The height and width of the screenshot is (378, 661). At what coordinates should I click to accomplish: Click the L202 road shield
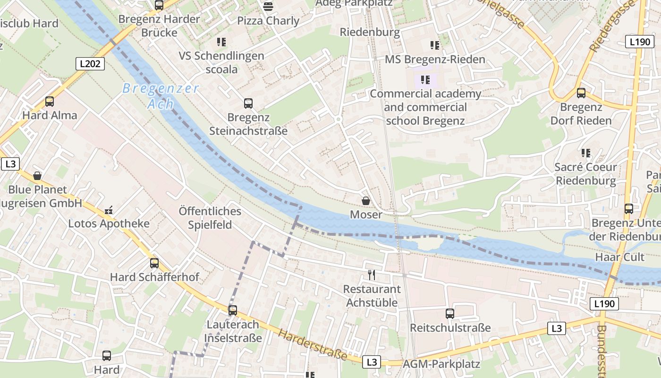point(90,63)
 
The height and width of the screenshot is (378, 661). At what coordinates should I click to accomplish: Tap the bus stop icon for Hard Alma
point(50,101)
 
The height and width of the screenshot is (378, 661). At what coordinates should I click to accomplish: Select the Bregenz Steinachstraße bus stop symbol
point(248,103)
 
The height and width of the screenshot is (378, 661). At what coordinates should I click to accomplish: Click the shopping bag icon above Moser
point(366,201)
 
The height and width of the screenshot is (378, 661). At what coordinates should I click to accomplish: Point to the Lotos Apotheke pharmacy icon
point(109,210)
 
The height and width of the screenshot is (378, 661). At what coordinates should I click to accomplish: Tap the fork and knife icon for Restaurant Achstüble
point(372,275)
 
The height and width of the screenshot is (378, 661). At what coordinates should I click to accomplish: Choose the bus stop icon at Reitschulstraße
point(450,313)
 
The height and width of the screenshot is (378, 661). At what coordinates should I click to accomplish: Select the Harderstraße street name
point(312,344)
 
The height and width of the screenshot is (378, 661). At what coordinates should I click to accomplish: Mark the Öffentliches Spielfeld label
point(210,218)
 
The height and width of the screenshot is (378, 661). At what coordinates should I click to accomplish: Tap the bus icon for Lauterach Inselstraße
point(232,310)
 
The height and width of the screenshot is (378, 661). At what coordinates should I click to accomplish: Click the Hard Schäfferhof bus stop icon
point(154,263)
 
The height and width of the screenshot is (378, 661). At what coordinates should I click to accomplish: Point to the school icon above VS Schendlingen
point(221,42)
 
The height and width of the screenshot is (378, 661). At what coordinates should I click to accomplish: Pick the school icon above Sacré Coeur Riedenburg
point(586,153)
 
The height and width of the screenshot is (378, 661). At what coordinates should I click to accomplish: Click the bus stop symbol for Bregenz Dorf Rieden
point(581,93)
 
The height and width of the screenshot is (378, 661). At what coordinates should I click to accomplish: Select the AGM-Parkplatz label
point(441,364)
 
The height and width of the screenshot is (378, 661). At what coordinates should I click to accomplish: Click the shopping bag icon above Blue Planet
point(37,176)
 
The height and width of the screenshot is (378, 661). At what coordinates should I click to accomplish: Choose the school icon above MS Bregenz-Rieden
point(435,45)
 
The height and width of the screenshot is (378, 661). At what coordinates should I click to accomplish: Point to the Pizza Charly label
point(268,21)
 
